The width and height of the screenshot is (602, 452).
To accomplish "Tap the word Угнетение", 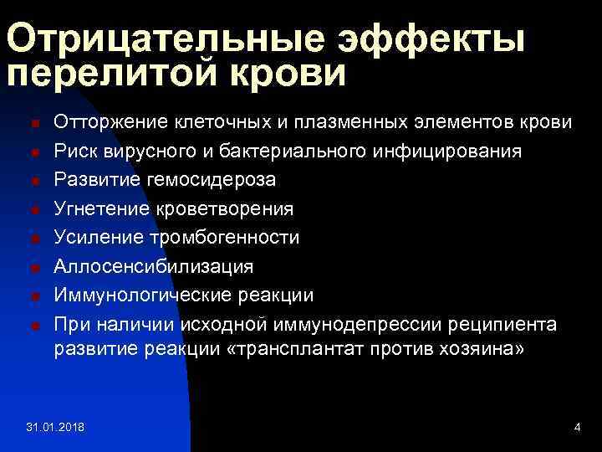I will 99,209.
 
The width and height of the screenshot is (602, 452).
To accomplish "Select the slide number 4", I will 577,428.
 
